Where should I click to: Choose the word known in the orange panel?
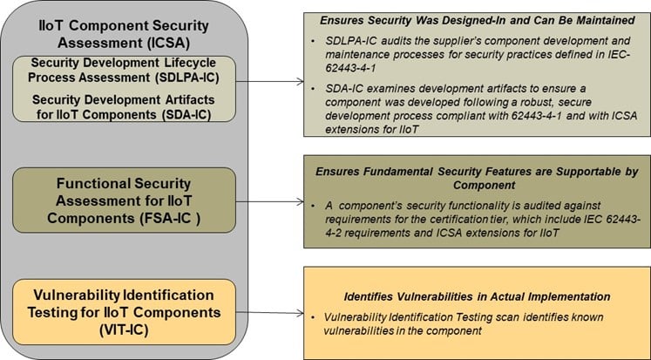[x=600, y=316]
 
